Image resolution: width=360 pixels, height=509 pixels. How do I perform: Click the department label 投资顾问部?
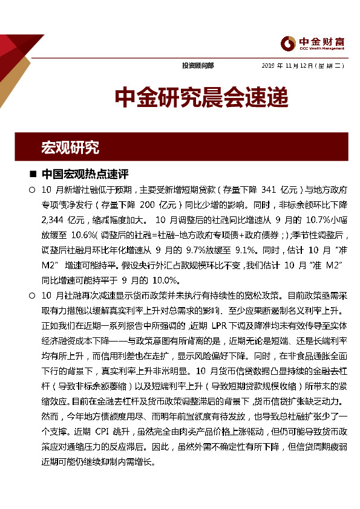coord(198,65)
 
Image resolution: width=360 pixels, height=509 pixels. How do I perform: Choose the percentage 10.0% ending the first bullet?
coord(165,280)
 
